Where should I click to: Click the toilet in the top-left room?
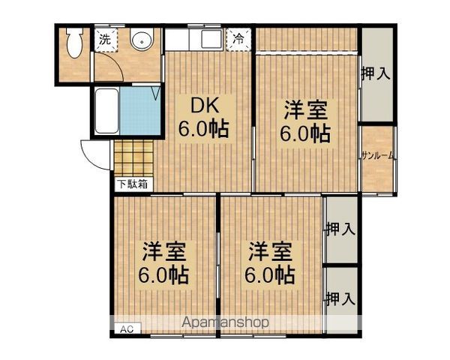coord(73,44)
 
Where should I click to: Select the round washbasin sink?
coord(140,40)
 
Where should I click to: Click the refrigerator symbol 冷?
coord(238,37)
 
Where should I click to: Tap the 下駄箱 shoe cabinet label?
coord(131,183)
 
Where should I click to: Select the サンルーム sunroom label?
coord(377,156)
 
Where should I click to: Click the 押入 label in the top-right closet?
coord(376,73)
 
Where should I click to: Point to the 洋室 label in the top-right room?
coord(304,110)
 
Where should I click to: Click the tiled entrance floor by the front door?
coord(133,157)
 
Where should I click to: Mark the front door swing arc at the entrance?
coord(94,157)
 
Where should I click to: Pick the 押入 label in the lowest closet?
coord(339,298)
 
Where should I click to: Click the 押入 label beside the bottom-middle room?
coord(339,229)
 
